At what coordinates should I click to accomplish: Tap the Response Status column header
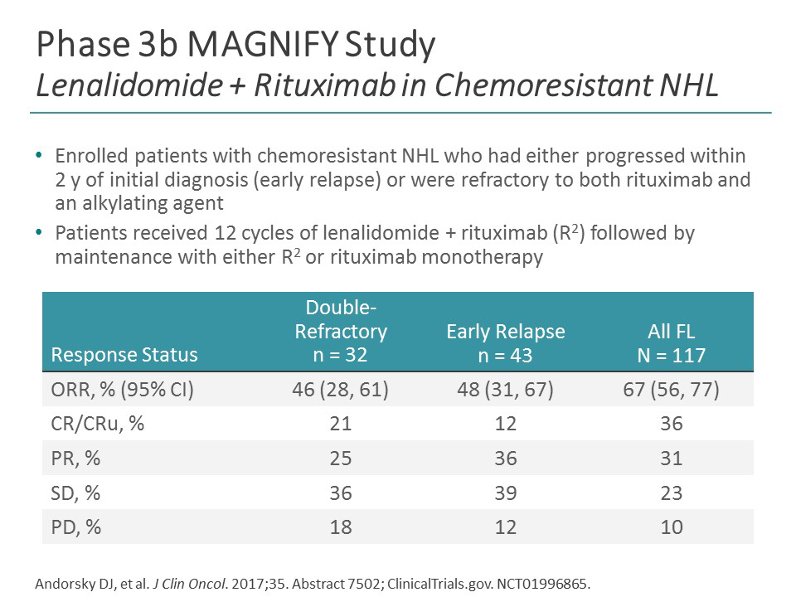pos(124,356)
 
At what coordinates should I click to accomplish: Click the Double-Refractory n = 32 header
pos(341,332)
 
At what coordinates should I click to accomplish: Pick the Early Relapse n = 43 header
pos(505,343)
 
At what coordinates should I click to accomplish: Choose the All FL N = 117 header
pos(671,343)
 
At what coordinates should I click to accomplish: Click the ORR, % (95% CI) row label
pos(123,390)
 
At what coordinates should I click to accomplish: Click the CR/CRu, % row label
pos(98,424)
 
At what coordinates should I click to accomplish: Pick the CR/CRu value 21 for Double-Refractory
pos(341,424)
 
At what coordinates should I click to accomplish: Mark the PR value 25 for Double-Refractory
pos(341,458)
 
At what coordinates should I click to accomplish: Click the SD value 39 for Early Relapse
pos(505,493)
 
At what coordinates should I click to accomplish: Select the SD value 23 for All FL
pos(671,493)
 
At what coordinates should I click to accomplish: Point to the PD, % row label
pos(76,527)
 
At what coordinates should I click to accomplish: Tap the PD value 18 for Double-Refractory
pos(341,527)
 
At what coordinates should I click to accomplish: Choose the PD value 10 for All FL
pos(671,527)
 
